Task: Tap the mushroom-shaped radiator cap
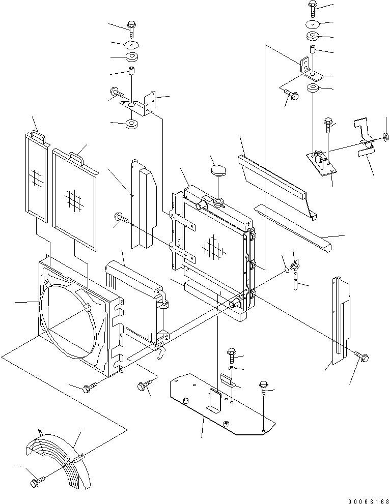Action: pos(218,171)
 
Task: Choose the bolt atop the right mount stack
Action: pos(313,7)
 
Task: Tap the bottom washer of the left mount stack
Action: pos(131,124)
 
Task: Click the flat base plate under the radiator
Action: pos(219,407)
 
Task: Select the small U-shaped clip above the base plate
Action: pos(227,380)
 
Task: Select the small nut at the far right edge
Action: pos(385,136)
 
